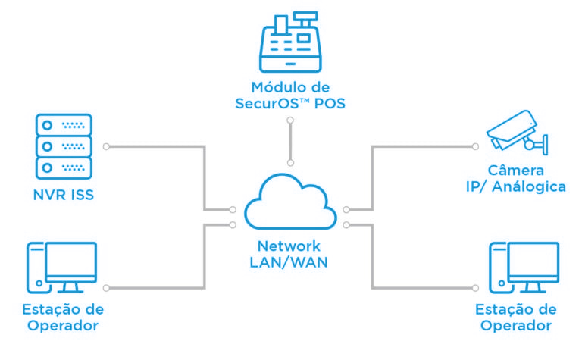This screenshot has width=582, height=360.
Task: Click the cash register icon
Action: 290,42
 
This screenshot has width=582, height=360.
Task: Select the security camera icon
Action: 517,132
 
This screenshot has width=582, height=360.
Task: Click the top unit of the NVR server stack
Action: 64,125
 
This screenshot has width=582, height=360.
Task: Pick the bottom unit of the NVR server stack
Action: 64,167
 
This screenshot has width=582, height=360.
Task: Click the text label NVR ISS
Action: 64,195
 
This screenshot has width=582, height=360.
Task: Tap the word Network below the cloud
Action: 289,246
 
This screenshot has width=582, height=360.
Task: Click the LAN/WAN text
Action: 289,262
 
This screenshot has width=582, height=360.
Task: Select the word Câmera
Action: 515,170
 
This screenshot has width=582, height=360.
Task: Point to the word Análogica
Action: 528,186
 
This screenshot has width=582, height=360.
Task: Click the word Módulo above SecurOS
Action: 275,87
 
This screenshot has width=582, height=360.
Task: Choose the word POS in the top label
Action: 330,103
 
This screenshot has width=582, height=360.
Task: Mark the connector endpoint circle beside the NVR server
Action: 106,146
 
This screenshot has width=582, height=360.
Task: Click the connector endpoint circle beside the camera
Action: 475,146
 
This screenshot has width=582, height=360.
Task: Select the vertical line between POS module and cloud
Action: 290,142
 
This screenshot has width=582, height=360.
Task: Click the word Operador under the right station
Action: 516,325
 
